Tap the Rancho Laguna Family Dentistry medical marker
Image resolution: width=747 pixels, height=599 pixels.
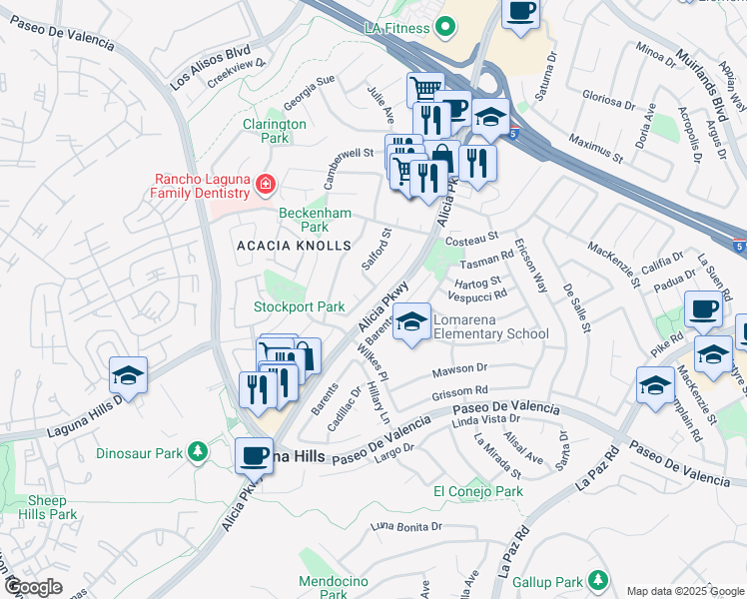pos(265,183)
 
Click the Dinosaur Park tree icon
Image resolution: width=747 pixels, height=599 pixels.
pos(199,453)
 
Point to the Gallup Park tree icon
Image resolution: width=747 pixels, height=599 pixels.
pos(597,580)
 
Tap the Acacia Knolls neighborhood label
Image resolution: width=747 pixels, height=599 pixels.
pos(294,245)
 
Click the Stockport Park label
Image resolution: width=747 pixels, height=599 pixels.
pos(300,306)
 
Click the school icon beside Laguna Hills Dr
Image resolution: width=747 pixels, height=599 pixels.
pos(129,375)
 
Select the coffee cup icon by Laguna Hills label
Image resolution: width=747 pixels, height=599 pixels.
pos(254,455)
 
